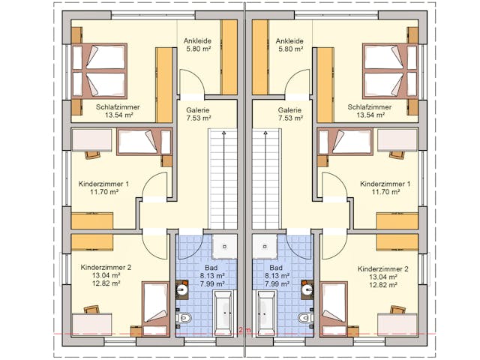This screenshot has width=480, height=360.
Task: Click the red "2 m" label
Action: tap(245, 330)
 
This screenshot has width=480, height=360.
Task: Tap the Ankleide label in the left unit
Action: tap(197, 40)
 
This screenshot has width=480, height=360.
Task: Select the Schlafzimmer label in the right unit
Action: tap(370, 107)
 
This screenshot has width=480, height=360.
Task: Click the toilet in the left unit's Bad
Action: tap(184, 318)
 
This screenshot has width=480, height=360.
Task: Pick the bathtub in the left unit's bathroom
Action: tap(223, 313)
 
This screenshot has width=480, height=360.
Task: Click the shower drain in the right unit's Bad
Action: tap(265, 246)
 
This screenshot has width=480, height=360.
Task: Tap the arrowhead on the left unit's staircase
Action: tap(224, 133)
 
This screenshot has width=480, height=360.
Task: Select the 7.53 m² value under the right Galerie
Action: tap(290, 118)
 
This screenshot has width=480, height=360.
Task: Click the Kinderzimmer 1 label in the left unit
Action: tap(103, 184)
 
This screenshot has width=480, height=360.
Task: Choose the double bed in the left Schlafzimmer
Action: tap(100, 70)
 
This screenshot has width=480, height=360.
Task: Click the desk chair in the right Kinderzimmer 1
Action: tap(397, 154)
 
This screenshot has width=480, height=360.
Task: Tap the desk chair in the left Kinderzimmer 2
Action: tap(91, 310)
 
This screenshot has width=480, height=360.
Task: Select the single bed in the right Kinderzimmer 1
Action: tap(345, 142)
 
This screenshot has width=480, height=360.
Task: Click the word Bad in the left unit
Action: tap(211, 268)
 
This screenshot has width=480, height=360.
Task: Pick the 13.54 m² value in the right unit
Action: tap(370, 115)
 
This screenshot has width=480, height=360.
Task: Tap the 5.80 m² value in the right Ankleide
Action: tap(289, 49)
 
